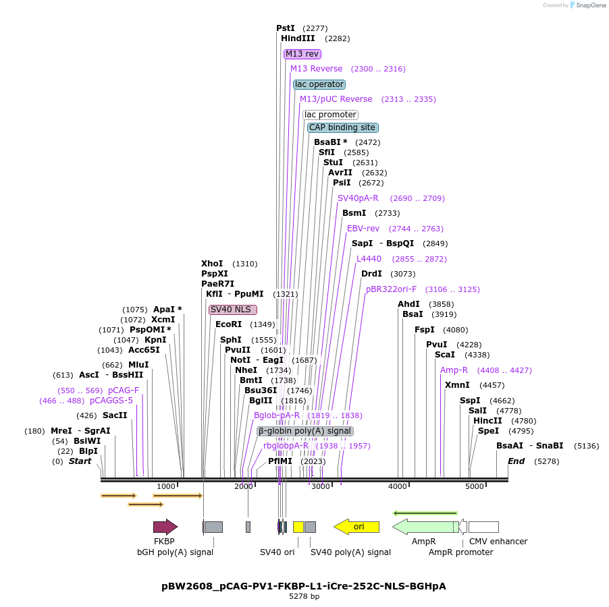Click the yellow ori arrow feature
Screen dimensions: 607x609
(x=356, y=527)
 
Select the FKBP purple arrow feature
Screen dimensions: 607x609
(x=165, y=527)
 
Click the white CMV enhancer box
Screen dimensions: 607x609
(x=483, y=527)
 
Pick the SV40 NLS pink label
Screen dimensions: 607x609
(x=232, y=310)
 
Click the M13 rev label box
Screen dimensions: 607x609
(x=302, y=54)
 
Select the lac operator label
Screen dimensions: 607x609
(x=319, y=84)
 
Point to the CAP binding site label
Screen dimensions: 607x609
(x=342, y=127)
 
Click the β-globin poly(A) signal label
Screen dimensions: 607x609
(x=304, y=431)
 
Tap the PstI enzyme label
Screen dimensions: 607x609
(x=286, y=28)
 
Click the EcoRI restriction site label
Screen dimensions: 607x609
(x=228, y=324)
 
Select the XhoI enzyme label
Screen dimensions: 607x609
(x=212, y=264)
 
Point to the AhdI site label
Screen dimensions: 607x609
(x=408, y=304)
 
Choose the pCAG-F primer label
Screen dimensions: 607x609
(x=124, y=391)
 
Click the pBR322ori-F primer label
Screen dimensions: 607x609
(x=392, y=289)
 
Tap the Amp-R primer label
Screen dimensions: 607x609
(x=454, y=370)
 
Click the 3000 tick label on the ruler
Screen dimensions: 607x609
(x=321, y=486)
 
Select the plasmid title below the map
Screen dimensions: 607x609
(x=304, y=586)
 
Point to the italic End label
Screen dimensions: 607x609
(x=516, y=461)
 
